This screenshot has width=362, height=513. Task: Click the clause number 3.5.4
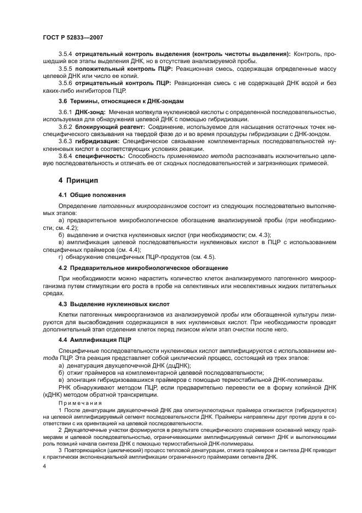65,55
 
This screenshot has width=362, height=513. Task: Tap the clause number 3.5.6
65,82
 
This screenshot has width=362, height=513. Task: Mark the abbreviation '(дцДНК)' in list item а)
174,365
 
